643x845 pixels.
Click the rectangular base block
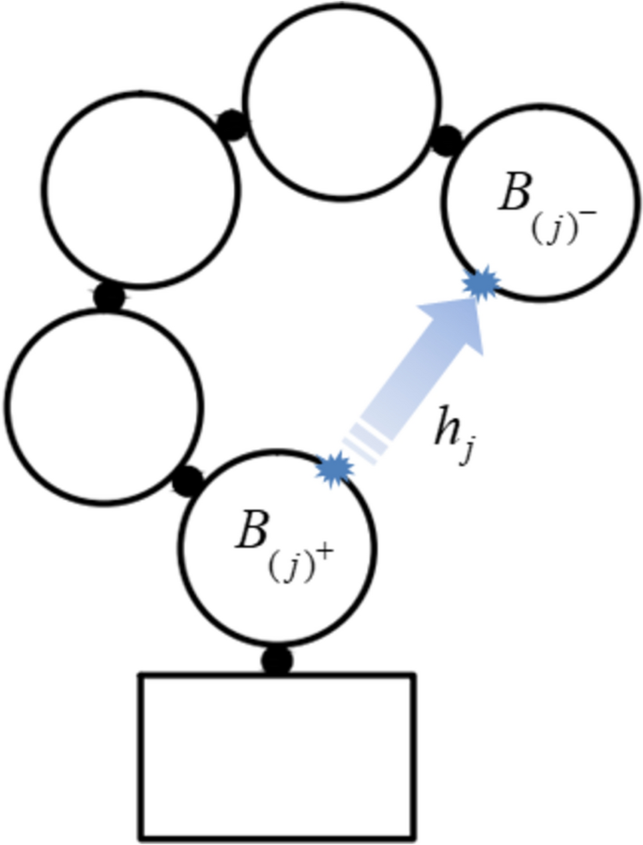(277, 755)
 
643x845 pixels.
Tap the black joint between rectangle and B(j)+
(276, 661)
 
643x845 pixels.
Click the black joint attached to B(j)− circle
(447, 141)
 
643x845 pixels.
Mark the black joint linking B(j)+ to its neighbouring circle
(188, 480)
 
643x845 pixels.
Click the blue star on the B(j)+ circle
(333, 469)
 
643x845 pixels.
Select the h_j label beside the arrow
(452, 432)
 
